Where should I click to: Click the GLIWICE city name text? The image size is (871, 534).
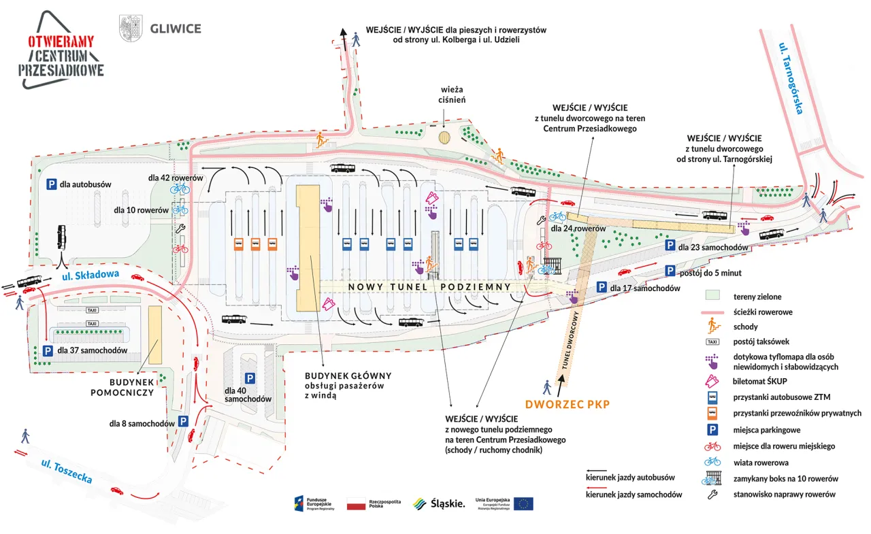[176, 29]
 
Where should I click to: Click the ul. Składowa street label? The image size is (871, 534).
[90, 275]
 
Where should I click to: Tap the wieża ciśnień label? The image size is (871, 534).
[452, 94]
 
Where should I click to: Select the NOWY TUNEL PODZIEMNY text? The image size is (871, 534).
[429, 287]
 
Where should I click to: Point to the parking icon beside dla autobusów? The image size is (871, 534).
[51, 184]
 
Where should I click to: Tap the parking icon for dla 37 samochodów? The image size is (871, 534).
[48, 351]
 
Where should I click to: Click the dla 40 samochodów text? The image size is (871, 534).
[248, 395]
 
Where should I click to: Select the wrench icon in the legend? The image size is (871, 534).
[712, 495]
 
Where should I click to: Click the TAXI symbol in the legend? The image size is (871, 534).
[712, 341]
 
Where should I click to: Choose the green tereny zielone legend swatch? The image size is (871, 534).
[712, 297]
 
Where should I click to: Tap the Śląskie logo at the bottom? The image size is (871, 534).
[439, 503]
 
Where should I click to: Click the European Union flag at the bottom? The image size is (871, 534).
[523, 503]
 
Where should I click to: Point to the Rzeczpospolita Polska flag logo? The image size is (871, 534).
[357, 504]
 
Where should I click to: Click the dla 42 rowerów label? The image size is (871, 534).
[176, 178]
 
